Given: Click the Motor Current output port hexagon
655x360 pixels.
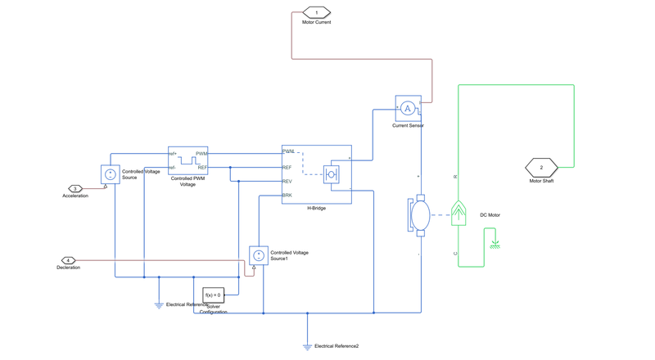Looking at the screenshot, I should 316,12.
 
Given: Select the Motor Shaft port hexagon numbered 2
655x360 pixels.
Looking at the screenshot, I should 541,167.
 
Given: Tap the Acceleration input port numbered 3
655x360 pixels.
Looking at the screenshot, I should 75,189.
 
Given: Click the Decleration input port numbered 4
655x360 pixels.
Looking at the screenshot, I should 68,260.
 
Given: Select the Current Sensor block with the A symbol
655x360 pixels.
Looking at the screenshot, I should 408,109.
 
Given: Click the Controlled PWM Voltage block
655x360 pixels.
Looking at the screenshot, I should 187,160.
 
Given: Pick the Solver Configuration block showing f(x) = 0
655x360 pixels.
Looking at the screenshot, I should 213,295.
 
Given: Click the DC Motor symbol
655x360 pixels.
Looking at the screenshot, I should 420,215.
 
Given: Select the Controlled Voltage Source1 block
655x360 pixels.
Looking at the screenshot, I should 259,255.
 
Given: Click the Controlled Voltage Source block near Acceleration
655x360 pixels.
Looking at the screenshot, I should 111,174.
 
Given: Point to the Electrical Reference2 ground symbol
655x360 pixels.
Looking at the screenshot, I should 307,347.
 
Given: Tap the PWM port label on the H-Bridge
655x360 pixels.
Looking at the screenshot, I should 288,151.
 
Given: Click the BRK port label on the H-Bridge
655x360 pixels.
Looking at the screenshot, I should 287,196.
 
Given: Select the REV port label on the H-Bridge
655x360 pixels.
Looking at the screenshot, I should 287,182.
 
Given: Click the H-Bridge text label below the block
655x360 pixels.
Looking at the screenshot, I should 316,209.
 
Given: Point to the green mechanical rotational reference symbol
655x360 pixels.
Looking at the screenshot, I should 495,244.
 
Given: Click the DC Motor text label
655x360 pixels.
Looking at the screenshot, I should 490,215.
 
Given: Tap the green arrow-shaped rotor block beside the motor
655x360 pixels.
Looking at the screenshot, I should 458,214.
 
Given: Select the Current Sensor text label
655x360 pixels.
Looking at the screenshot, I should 408,126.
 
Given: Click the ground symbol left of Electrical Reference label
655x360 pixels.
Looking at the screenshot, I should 159,305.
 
